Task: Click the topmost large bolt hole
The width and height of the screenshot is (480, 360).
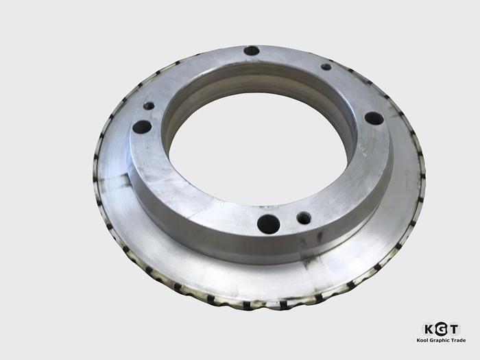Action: [x=252, y=50]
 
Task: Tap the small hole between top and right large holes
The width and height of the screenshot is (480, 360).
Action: [x=326, y=67]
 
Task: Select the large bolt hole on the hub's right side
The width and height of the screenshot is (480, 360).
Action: [x=374, y=118]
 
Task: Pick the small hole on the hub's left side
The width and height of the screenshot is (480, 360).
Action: [x=148, y=106]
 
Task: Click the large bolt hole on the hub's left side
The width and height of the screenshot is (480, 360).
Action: [x=141, y=127]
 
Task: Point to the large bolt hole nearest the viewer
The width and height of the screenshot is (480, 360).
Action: [x=268, y=224]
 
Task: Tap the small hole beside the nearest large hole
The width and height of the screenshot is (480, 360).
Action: [x=303, y=218]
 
